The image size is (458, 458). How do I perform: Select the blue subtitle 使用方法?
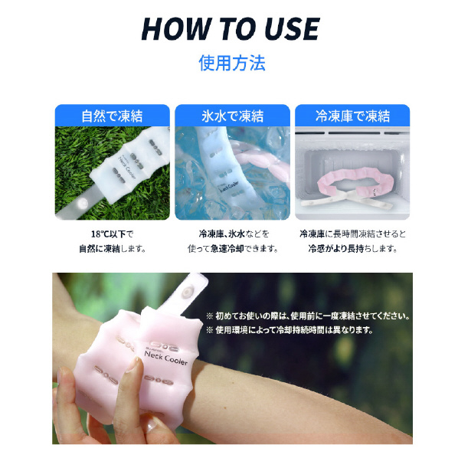pos(232,63)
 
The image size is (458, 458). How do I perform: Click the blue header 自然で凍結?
pos(112,116)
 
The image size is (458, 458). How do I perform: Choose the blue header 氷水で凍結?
pos(233,116)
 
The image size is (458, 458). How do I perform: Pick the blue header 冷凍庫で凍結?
pos(352,116)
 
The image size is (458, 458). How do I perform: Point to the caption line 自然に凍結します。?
pos(113,249)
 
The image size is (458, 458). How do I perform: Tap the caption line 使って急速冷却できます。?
pos(233,249)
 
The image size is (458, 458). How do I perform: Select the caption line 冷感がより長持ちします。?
pos(353,249)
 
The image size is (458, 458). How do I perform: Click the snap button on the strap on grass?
pos(82,202)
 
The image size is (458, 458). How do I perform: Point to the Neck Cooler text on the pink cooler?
pos(166,358)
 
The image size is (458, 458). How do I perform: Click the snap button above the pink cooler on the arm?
pos(187,292)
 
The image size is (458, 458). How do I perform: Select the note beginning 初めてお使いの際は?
pos(308,316)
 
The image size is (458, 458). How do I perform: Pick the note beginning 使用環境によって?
pos(290,330)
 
